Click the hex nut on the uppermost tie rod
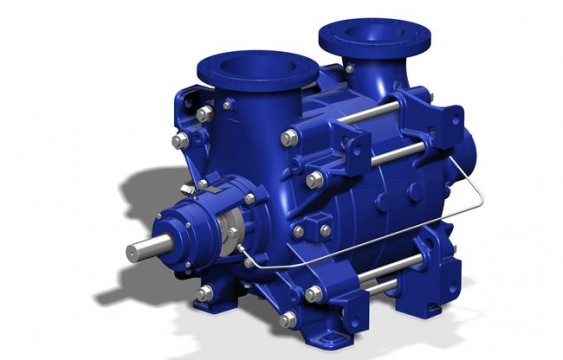pyautogui.click(x=291, y=137)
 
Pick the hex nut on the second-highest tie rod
pyautogui.click(x=316, y=180)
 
